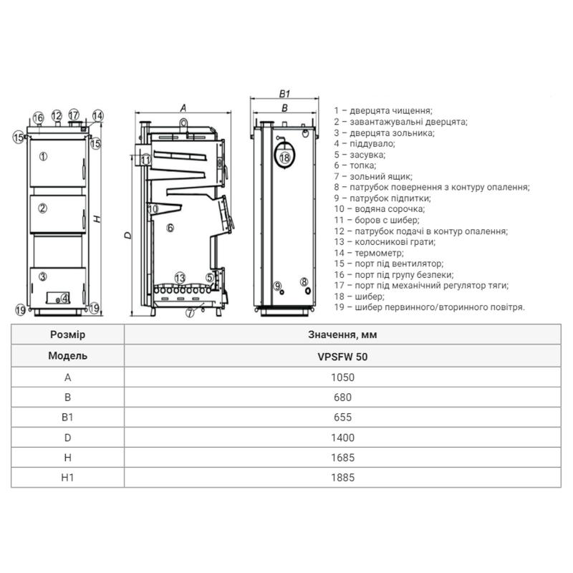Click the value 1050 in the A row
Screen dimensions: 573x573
point(342,377)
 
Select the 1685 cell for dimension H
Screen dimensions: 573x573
point(342,458)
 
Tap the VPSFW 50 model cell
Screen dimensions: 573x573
point(342,357)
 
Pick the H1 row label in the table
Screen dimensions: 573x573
point(67,477)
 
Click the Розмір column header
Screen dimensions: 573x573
point(67,334)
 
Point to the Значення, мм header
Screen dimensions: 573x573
point(342,334)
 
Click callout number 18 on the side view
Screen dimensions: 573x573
point(284,158)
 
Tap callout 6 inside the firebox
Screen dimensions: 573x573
point(170,228)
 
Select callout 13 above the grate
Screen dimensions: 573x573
point(180,278)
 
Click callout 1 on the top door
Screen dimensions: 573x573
point(44,157)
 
